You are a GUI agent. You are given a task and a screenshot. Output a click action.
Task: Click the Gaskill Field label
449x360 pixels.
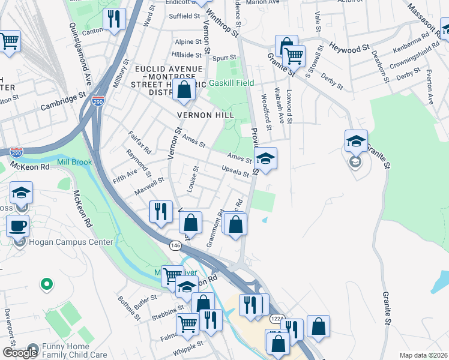coord(231,83)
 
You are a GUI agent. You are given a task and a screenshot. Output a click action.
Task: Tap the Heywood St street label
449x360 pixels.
coord(348,47)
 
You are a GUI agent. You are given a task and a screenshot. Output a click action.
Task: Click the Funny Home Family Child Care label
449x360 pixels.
coord(71,351)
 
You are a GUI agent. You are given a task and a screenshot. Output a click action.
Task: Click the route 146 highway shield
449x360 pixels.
coord(175,245)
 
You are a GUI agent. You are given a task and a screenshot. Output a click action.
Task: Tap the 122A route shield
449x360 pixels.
coord(276,319)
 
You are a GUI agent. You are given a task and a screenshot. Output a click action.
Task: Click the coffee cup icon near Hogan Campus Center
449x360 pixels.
coord(17,226)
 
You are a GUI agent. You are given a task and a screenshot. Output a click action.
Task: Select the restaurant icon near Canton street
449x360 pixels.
coord(113,19)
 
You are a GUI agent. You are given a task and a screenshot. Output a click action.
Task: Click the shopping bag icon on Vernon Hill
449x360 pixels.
coord(185,90)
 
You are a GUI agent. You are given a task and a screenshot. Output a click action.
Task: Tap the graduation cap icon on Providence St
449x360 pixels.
coord(265,158)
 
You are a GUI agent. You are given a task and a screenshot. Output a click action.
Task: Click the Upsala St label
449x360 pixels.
coord(235,171)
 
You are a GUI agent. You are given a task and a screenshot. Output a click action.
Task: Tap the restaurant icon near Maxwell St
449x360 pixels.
coord(160,211)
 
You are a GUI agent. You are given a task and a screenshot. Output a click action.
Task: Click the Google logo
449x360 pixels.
coord(19,352)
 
